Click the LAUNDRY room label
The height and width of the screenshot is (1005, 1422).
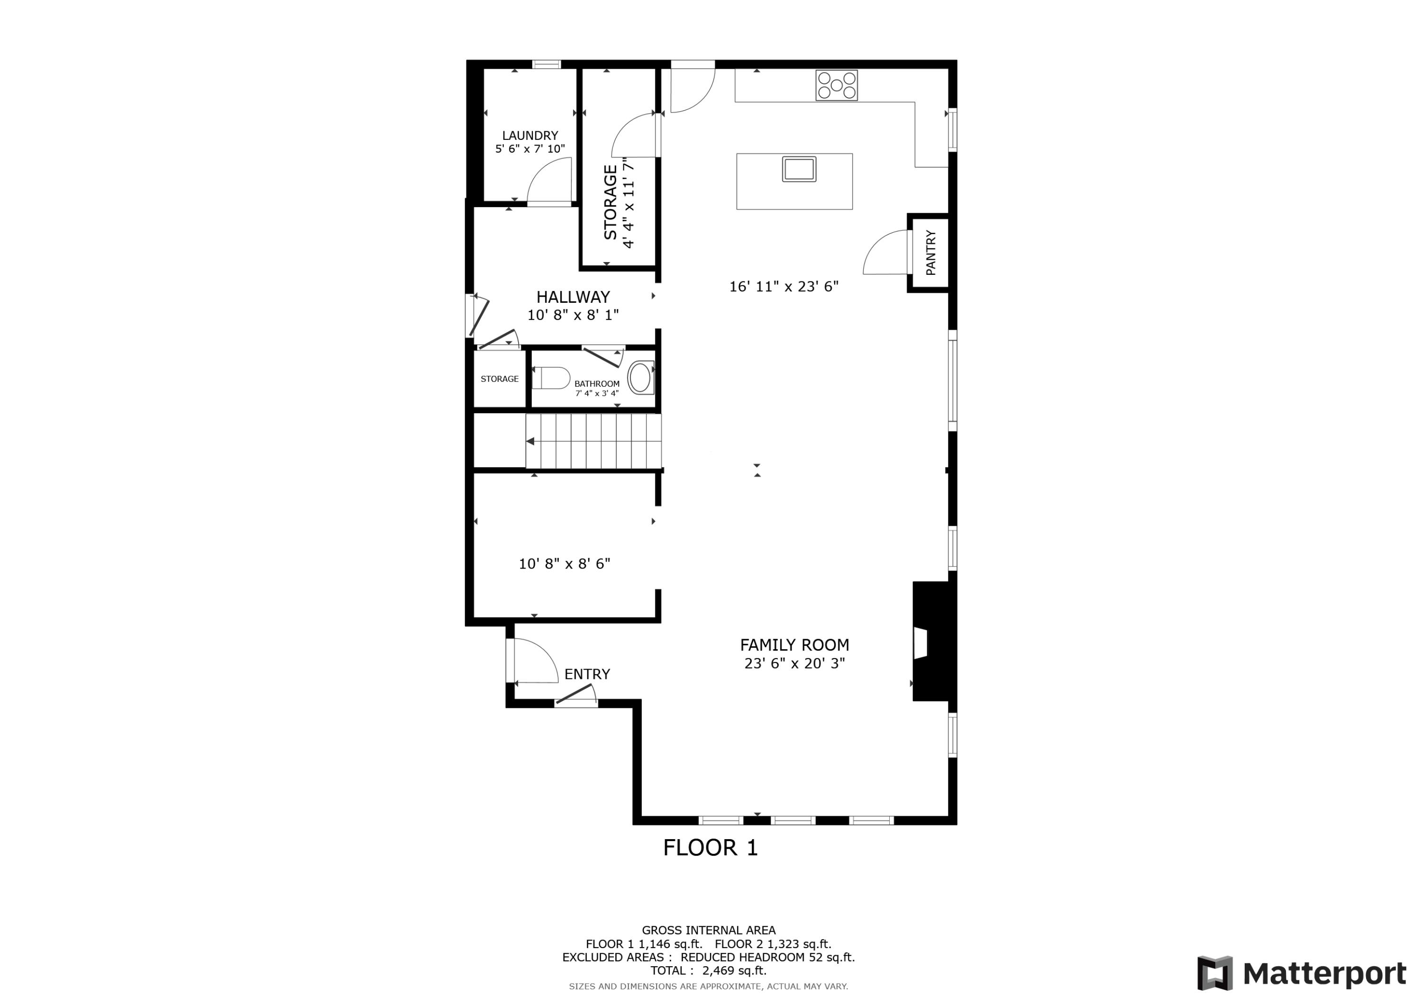[x=529, y=135]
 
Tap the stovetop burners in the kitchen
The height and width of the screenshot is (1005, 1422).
[x=836, y=85]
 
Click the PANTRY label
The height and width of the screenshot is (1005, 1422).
[x=930, y=252]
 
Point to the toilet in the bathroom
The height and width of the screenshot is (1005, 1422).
[x=551, y=378]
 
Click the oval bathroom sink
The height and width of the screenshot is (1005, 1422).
[x=640, y=378]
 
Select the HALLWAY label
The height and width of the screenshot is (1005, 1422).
[x=573, y=297]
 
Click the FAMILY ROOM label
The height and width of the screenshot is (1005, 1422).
[x=794, y=644]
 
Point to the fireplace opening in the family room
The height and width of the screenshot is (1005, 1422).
[x=921, y=643]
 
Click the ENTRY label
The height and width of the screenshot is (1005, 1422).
[x=587, y=674]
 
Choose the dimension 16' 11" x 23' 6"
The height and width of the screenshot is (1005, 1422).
[x=784, y=286]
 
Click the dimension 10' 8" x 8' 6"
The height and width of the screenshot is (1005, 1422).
[x=564, y=563]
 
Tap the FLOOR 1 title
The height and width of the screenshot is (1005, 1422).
[x=711, y=847]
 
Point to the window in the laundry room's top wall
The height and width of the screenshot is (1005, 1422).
[x=546, y=64]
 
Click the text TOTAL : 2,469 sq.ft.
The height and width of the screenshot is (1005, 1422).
[x=708, y=970]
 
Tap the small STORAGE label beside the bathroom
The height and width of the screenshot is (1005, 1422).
[x=499, y=379]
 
